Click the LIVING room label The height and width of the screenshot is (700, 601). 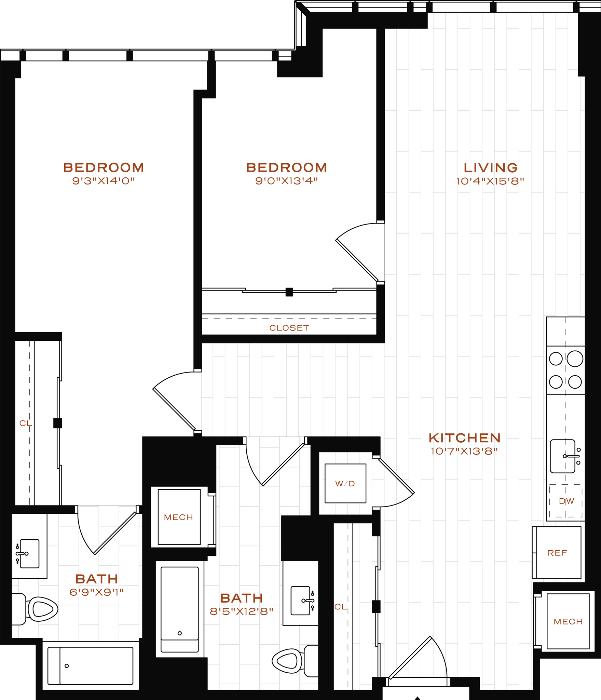click(x=490, y=168)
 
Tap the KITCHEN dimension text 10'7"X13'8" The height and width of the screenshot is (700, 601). click(x=464, y=452)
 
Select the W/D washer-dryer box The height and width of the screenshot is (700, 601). click(x=345, y=483)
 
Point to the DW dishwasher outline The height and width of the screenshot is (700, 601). click(x=566, y=501)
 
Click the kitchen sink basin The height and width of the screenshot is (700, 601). click(x=562, y=456)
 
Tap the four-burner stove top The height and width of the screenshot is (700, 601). click(x=565, y=370)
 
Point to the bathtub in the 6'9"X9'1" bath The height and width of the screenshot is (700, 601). click(x=91, y=666)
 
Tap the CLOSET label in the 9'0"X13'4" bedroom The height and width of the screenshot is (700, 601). click(x=289, y=328)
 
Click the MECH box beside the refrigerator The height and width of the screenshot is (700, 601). click(x=568, y=621)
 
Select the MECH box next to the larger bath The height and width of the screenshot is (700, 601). click(x=179, y=517)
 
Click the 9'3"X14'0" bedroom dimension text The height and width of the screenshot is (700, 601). click(x=104, y=181)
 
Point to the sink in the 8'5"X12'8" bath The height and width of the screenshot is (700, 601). click(x=301, y=601)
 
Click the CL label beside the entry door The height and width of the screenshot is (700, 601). click(x=340, y=607)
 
